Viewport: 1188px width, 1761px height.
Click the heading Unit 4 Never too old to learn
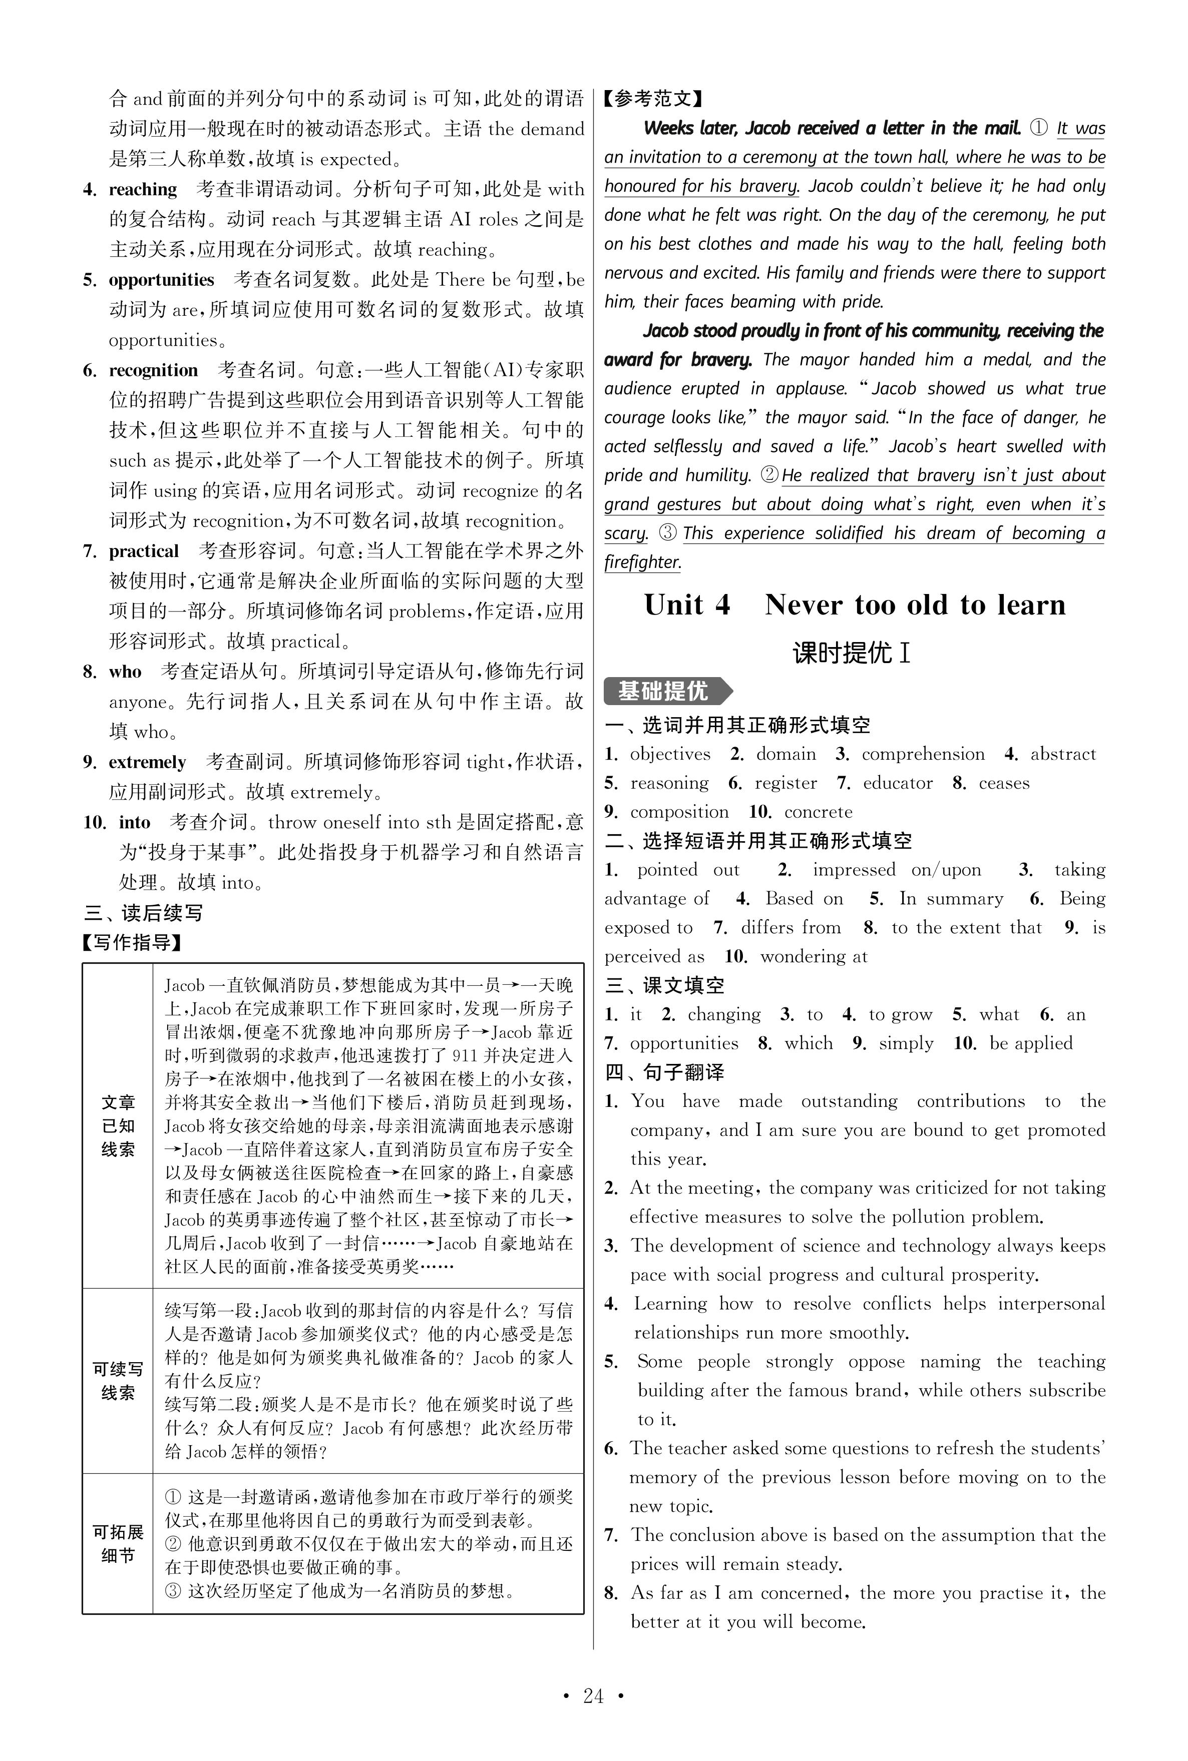click(855, 605)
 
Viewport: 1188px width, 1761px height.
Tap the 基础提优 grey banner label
click(664, 691)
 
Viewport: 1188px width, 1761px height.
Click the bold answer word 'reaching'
click(143, 189)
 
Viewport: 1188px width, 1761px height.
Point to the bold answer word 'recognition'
click(153, 370)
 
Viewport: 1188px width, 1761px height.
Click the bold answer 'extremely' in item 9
click(148, 762)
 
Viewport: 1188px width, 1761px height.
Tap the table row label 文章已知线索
click(118, 1125)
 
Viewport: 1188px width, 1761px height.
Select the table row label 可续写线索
click(118, 1381)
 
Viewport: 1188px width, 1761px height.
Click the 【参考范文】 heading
click(654, 99)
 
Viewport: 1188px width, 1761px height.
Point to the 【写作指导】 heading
click(133, 943)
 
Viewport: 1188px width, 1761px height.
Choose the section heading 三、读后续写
click(144, 913)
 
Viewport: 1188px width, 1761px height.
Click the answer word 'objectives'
click(670, 754)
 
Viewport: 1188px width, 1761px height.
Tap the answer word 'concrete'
click(818, 812)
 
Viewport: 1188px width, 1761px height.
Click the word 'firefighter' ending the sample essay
click(642, 562)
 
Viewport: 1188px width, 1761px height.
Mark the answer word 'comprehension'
click(923, 754)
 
